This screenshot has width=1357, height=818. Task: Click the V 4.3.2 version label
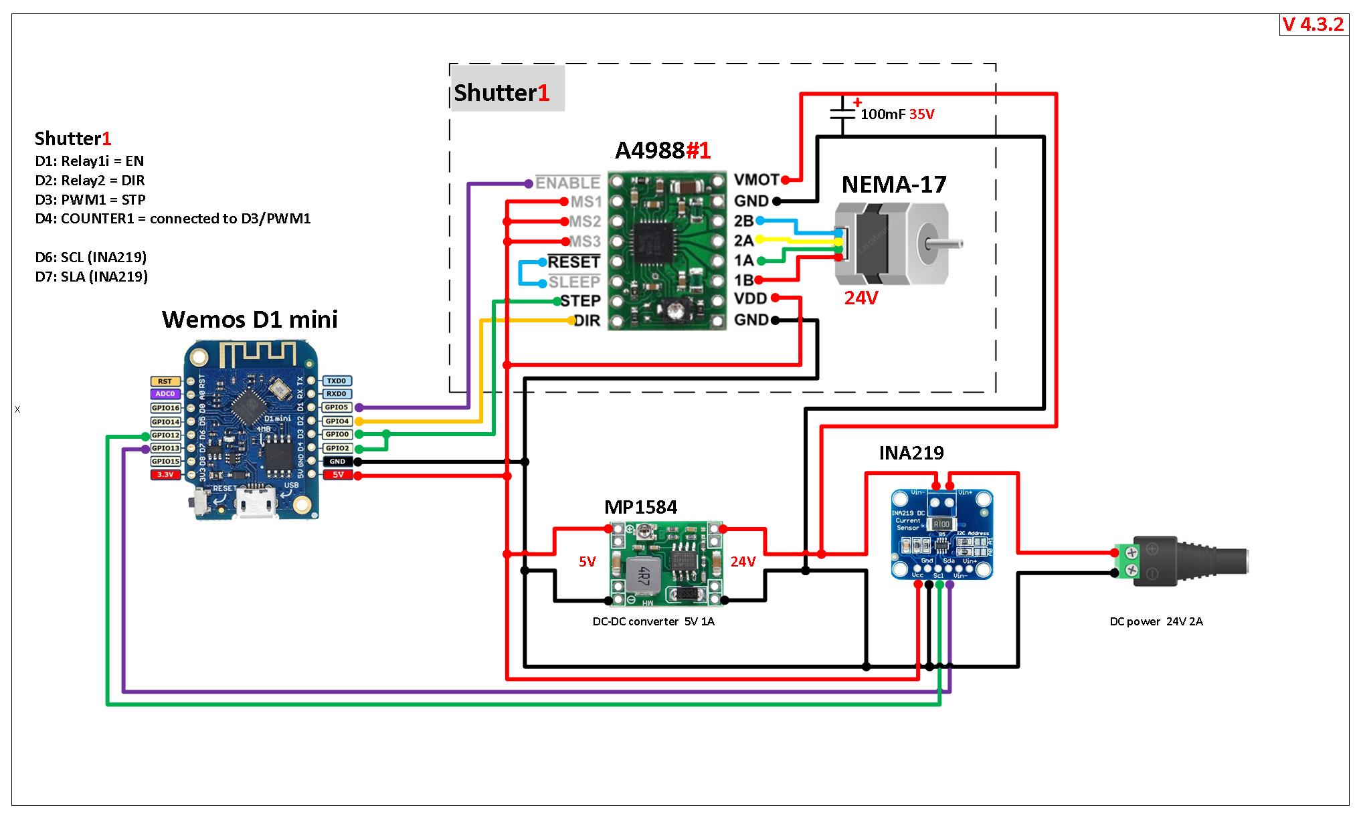(1313, 25)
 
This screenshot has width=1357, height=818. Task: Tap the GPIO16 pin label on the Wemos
(165, 408)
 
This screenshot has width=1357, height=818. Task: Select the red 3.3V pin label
(165, 475)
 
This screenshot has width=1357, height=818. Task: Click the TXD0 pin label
(337, 381)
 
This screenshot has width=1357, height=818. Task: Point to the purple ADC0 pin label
(165, 394)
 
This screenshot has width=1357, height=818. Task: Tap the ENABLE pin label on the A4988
(567, 183)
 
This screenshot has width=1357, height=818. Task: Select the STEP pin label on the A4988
(580, 301)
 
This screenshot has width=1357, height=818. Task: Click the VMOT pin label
(757, 180)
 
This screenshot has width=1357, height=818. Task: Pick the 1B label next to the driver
(743, 280)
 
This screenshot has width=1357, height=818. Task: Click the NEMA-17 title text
(894, 185)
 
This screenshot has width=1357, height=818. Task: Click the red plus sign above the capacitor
(857, 102)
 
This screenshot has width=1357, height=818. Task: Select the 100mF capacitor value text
(883, 114)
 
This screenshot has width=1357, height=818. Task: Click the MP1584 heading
(640, 508)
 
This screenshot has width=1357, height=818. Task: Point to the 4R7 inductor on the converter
(641, 573)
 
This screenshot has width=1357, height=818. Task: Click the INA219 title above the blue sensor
(911, 453)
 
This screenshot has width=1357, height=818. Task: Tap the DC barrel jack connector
(1191, 561)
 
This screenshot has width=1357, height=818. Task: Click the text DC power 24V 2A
(1156, 621)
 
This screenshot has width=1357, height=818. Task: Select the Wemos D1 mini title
(250, 320)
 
